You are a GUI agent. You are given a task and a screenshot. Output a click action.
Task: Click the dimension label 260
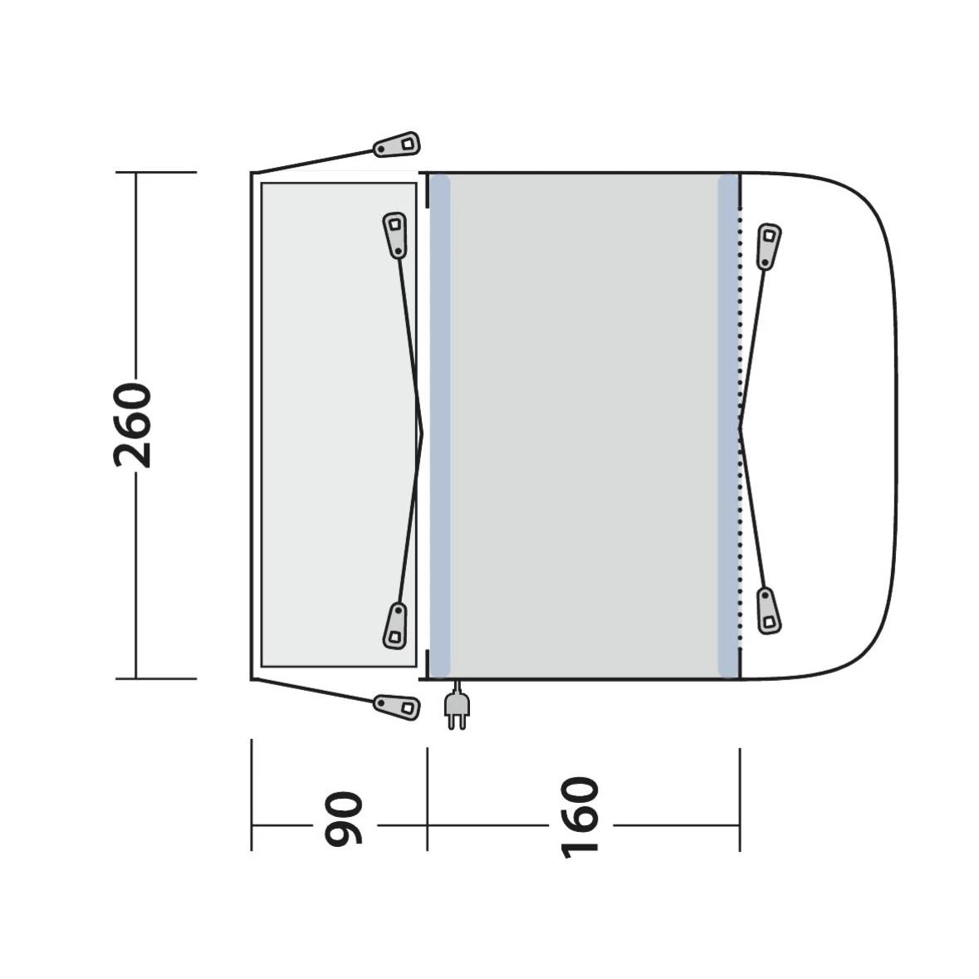click(132, 425)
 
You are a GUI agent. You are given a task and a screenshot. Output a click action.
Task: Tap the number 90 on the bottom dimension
click(344, 819)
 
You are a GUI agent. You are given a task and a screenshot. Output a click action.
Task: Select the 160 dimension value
click(580, 818)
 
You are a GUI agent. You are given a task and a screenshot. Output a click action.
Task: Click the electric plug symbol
click(457, 705)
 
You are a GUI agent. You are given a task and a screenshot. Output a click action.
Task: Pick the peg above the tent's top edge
click(397, 144)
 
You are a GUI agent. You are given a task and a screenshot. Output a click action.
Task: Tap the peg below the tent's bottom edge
click(397, 707)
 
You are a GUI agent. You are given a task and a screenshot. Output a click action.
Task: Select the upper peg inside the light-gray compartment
click(394, 235)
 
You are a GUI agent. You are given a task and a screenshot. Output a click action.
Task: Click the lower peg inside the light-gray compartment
click(394, 625)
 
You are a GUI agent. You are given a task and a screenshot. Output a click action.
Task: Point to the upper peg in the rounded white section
click(769, 246)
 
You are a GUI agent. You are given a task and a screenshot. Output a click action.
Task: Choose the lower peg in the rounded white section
click(769, 610)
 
